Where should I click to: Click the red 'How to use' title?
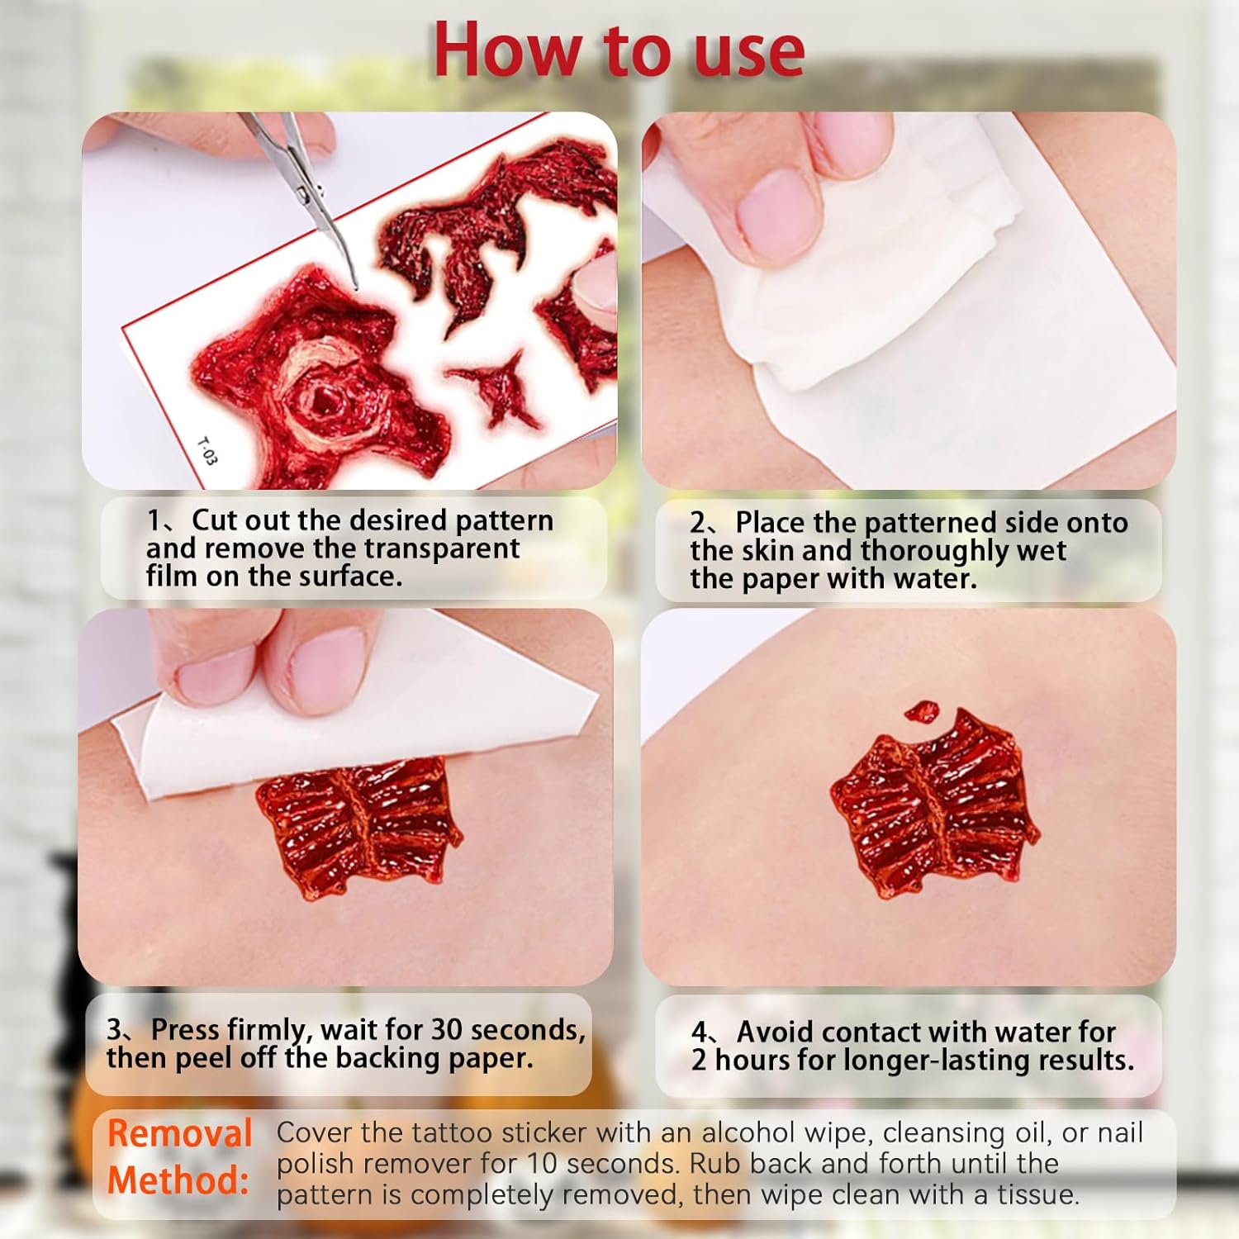click(x=619, y=51)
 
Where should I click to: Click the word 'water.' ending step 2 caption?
click(x=936, y=578)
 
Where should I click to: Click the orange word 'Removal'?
click(x=180, y=1133)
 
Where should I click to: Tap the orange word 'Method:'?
click(x=178, y=1180)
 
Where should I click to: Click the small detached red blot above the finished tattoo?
click(x=923, y=711)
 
